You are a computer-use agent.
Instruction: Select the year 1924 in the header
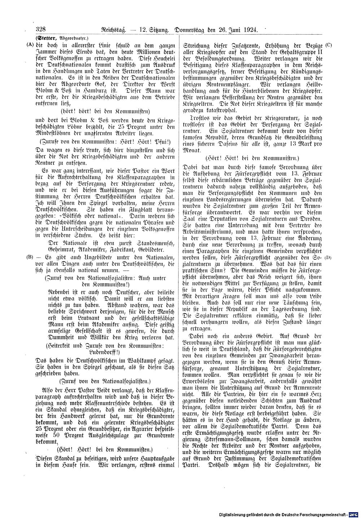pos(250,30)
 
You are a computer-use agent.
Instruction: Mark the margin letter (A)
pos(30,45)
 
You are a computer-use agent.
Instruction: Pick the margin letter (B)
pos(30,257)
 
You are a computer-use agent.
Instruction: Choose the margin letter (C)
pos(328,45)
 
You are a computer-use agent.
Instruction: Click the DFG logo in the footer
pos(354,514)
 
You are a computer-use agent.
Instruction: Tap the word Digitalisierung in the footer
pos(236,514)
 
